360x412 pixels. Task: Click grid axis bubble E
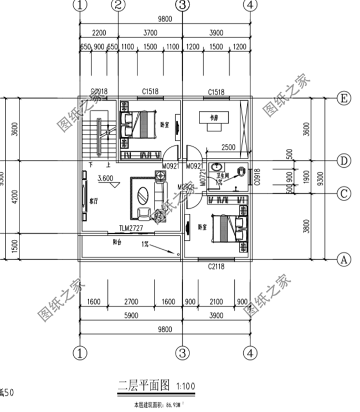coord(344,99)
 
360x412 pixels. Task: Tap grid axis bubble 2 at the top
coord(118,6)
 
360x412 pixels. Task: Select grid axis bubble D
coord(344,161)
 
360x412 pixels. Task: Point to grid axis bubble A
coord(344,259)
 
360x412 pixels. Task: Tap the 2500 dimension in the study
coord(228,147)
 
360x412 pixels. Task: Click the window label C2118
coord(215,267)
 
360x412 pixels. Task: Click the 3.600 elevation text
coord(105,178)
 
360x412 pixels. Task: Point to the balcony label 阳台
coord(117,242)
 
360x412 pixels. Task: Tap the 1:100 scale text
coord(186,385)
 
